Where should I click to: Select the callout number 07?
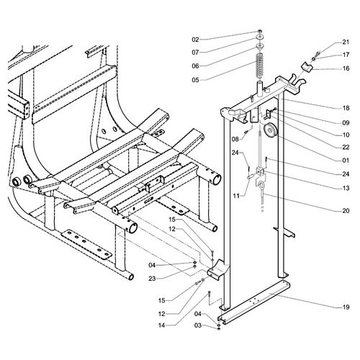[195, 52]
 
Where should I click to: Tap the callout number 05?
[195, 80]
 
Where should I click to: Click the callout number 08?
[235, 138]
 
